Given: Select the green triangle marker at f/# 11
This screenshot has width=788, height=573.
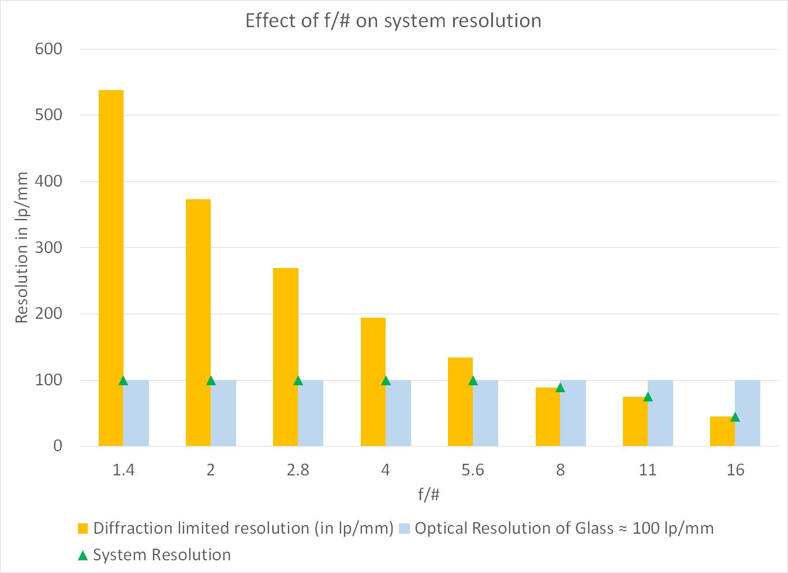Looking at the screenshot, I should point(648,397).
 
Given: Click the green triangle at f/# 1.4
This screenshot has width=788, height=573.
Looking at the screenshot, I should point(123,381).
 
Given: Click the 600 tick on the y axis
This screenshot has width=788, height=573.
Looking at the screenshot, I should point(48,49).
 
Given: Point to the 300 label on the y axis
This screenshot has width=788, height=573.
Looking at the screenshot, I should point(48,248).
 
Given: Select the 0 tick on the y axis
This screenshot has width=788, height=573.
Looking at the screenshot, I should point(57,446).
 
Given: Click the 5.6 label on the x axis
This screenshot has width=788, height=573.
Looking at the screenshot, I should point(473,470).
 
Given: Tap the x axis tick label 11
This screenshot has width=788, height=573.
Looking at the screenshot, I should point(648,470).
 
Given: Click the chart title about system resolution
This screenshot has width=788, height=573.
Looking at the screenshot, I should point(393,21).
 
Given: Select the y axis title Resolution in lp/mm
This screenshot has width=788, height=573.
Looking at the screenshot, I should point(21,247).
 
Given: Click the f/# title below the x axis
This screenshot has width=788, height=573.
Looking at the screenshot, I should point(429,495).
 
